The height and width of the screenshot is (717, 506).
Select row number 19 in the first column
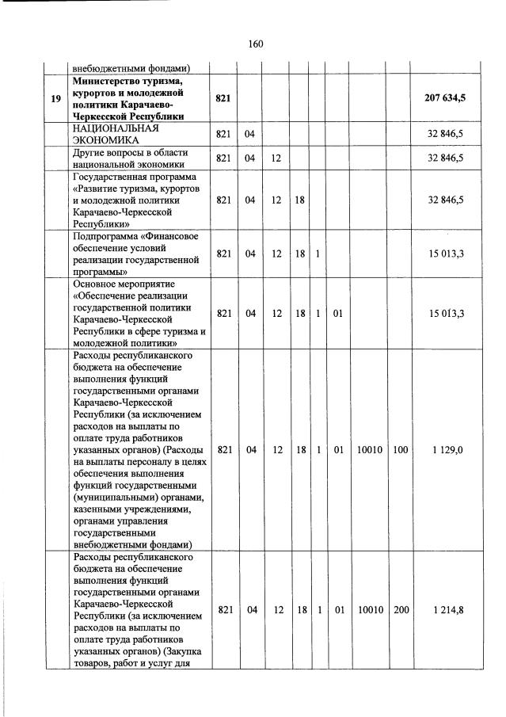(55, 98)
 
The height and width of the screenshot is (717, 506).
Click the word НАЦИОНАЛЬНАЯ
(110, 128)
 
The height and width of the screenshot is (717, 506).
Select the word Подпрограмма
(108, 235)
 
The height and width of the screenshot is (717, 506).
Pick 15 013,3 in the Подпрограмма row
(446, 254)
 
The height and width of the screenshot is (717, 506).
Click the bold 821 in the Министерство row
(223, 98)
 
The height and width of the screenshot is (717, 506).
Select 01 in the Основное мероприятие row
(337, 314)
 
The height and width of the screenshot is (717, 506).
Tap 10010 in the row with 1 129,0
(369, 450)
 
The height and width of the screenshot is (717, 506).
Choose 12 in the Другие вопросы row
(276, 158)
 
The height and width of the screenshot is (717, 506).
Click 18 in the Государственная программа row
(300, 200)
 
